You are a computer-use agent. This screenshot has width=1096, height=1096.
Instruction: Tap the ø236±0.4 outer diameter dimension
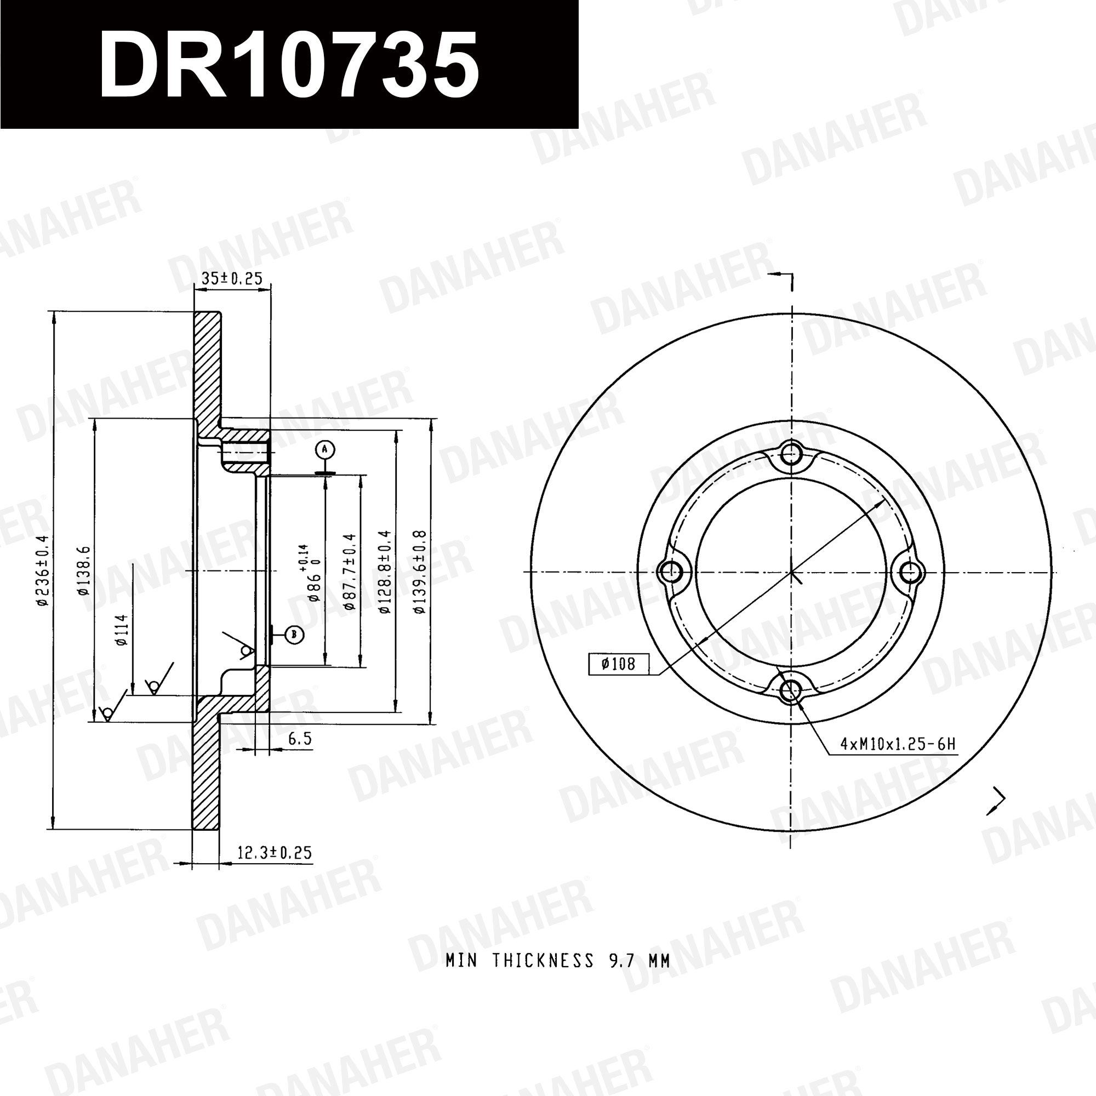tap(43, 570)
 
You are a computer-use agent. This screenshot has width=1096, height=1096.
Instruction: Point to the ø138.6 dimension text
tap(83, 570)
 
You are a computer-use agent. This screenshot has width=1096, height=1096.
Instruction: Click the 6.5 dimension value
tap(300, 739)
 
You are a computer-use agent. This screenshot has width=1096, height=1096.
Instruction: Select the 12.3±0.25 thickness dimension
tap(275, 853)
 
